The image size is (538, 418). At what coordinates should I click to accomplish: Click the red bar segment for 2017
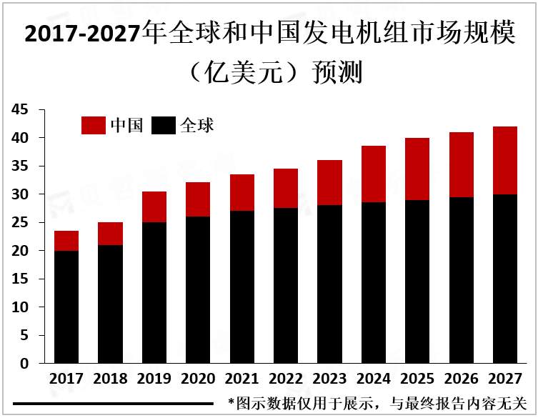[x=66, y=241]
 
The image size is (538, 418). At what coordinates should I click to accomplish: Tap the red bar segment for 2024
[x=374, y=174]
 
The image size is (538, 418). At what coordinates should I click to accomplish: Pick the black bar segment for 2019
[x=154, y=293]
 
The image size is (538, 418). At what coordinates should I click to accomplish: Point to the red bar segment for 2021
[x=242, y=193]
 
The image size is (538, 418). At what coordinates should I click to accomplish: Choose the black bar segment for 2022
[x=286, y=286]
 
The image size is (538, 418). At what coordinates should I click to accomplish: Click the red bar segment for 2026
[x=462, y=165]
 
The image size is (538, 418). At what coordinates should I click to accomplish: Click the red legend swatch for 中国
[x=93, y=126]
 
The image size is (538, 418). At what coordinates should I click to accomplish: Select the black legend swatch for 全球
[x=164, y=126]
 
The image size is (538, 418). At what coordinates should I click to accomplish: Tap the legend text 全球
[x=198, y=126]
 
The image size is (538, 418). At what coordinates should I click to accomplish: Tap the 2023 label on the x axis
[x=330, y=379]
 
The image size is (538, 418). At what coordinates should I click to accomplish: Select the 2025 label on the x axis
[x=418, y=379]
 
